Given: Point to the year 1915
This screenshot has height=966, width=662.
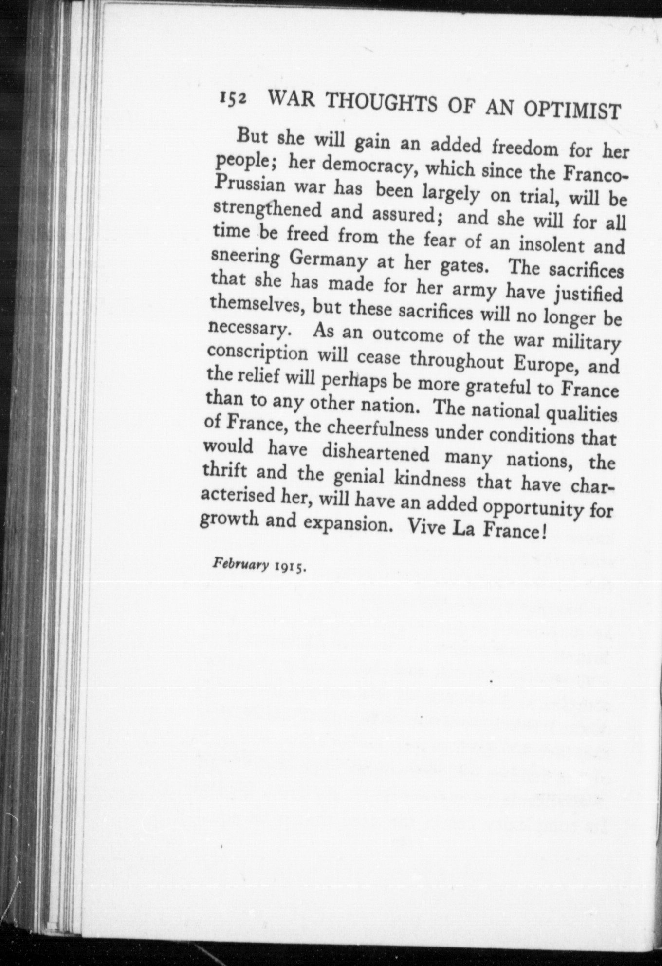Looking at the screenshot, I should (290, 567).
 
